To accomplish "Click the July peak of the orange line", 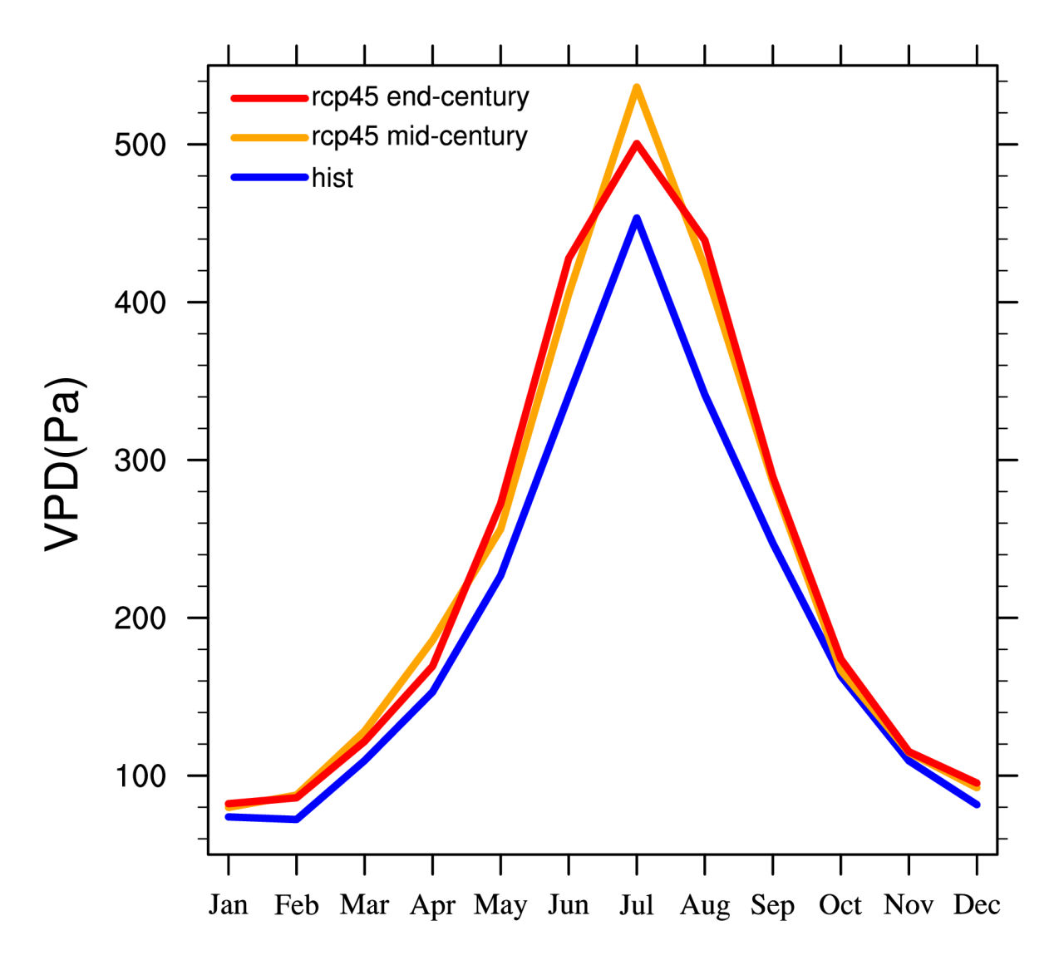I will point(637,87).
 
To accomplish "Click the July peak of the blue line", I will point(637,219).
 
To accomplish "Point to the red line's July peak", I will point(637,144).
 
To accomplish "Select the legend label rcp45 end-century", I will point(420,97).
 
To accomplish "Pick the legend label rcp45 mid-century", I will point(419,136).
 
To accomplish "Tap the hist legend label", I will point(332,178).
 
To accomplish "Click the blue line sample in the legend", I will point(269,177).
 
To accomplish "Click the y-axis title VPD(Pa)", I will point(64,464).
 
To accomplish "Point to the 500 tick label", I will point(140,145).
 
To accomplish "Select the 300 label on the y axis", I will point(140,460).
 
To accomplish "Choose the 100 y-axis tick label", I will point(140,776).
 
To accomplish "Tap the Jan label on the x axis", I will point(229,904).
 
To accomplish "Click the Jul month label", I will point(637,904).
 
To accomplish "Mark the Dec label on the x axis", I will point(977,904).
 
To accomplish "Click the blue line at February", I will point(297,820).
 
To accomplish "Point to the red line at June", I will point(569,259).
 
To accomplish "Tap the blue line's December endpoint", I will point(977,805).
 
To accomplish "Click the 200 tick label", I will point(140,618).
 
